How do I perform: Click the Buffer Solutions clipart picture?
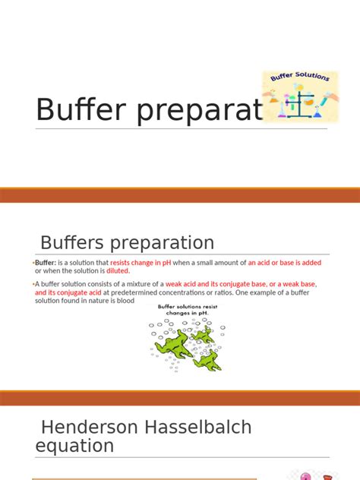click(x=300, y=96)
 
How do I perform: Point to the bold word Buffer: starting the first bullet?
click(x=49, y=263)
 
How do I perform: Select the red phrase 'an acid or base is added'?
click(x=285, y=263)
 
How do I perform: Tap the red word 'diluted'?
click(x=118, y=271)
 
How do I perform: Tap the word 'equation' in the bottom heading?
click(x=74, y=446)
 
